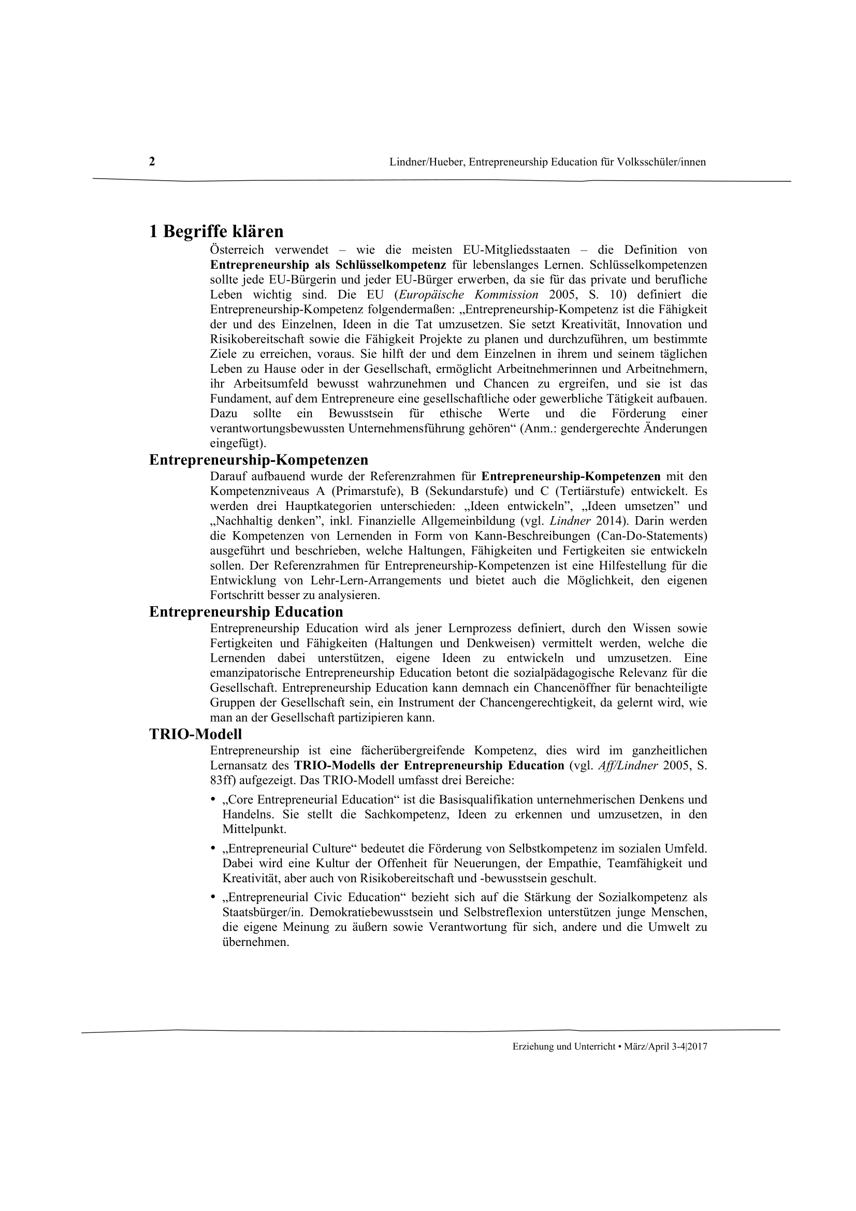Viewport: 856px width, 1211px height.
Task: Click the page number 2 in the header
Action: tap(152, 162)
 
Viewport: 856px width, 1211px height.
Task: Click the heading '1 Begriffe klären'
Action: tap(216, 231)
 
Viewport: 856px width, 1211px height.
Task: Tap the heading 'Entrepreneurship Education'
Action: tap(246, 612)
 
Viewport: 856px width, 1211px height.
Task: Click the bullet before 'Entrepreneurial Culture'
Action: tap(213, 849)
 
